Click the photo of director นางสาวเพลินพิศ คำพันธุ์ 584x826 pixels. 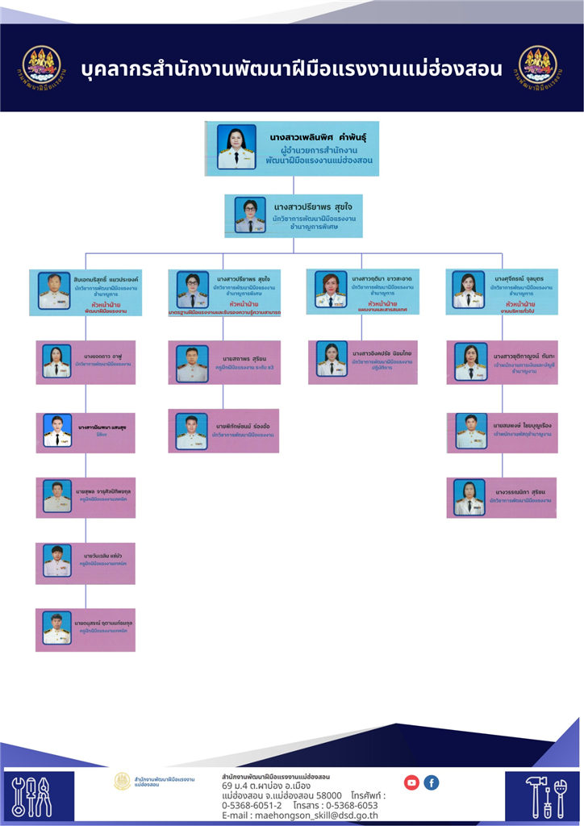tap(236, 147)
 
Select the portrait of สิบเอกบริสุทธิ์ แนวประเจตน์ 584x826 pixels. tap(54, 291)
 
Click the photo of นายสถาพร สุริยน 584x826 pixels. tap(192, 364)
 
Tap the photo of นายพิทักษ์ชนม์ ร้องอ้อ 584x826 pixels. tap(192, 432)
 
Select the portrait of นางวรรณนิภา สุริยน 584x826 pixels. tap(469, 498)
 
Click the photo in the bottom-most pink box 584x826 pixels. tap(57, 629)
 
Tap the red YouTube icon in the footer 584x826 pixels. tap(411, 782)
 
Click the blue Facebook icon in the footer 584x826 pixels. tap(432, 782)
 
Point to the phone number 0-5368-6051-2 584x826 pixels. tap(252, 805)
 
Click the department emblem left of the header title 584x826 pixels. tap(41, 67)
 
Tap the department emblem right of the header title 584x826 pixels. tap(538, 67)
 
